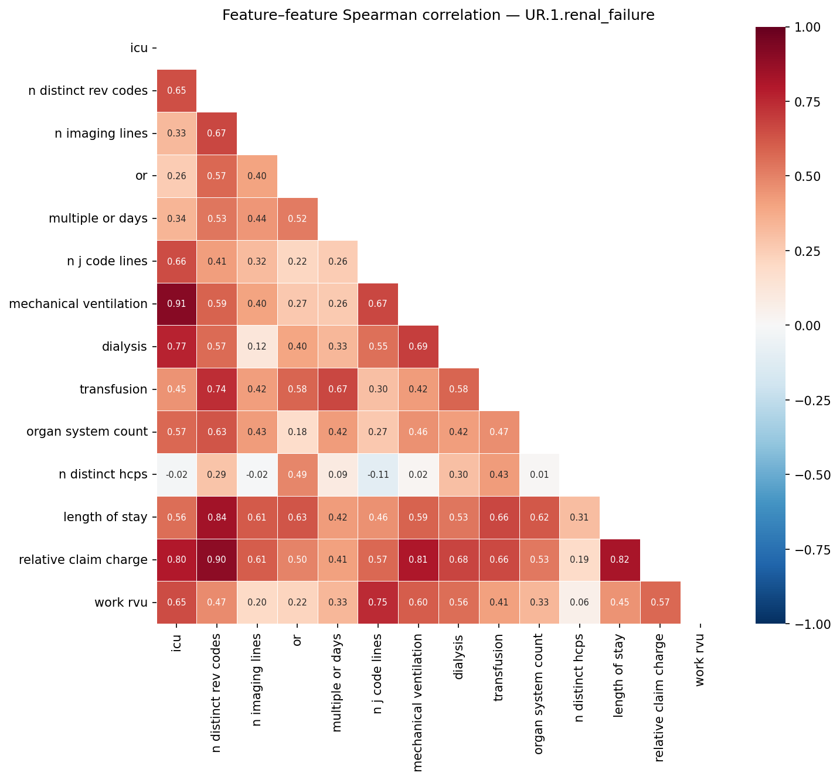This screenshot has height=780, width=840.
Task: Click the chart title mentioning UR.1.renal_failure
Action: tap(438, 15)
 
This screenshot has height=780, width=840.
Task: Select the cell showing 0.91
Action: tap(176, 304)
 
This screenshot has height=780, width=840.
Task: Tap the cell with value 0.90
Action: tap(217, 560)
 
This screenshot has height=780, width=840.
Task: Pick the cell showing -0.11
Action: tap(378, 474)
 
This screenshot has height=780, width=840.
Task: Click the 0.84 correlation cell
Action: tap(217, 517)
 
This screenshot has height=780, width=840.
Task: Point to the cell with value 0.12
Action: tap(257, 347)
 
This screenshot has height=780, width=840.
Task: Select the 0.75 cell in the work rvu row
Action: tap(378, 603)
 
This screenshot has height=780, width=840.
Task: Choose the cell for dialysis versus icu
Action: tap(176, 347)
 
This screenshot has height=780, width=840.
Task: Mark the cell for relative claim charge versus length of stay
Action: tap(620, 560)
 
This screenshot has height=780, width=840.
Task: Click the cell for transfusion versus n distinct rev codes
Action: tap(217, 389)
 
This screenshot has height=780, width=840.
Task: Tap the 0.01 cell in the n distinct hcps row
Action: tap(539, 474)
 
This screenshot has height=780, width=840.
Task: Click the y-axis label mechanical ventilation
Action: tap(78, 304)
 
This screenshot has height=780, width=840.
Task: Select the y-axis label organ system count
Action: tap(87, 432)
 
